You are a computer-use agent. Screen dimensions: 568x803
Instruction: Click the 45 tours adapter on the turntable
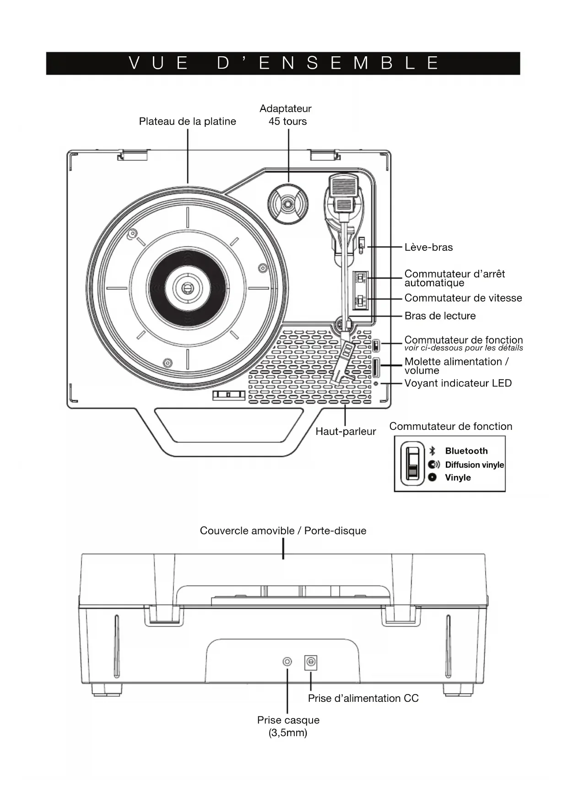click(x=287, y=204)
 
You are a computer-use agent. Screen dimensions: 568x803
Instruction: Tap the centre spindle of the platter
click(x=187, y=288)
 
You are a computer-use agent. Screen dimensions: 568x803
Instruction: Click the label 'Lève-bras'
click(x=428, y=247)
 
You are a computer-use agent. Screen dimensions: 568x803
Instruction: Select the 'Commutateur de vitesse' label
click(x=463, y=298)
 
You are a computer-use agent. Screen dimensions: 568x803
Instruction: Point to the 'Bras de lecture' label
click(x=440, y=316)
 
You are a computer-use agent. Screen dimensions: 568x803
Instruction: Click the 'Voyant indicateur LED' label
click(x=458, y=383)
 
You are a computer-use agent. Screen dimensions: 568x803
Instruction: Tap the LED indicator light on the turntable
click(x=376, y=383)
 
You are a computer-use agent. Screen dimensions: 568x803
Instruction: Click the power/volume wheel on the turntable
click(x=376, y=368)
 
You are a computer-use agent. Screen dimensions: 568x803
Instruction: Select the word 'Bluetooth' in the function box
click(x=466, y=451)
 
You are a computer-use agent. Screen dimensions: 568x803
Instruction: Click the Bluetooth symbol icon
click(x=432, y=451)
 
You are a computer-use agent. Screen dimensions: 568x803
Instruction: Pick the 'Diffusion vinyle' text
click(x=475, y=465)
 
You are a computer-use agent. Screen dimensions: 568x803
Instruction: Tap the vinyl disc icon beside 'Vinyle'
click(x=433, y=477)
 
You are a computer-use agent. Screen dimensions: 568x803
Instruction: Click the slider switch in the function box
click(x=413, y=464)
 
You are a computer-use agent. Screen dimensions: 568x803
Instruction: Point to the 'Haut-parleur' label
click(x=346, y=431)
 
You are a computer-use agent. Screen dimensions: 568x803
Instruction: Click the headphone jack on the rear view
click(x=287, y=662)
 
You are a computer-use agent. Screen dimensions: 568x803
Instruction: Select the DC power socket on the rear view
click(x=311, y=662)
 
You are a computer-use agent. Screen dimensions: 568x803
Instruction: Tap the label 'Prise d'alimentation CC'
click(x=363, y=698)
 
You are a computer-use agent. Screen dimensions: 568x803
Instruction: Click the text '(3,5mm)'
click(x=288, y=732)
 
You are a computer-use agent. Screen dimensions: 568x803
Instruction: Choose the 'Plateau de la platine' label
click(x=188, y=121)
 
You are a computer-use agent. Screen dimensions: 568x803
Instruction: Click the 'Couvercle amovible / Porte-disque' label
click(x=283, y=531)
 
